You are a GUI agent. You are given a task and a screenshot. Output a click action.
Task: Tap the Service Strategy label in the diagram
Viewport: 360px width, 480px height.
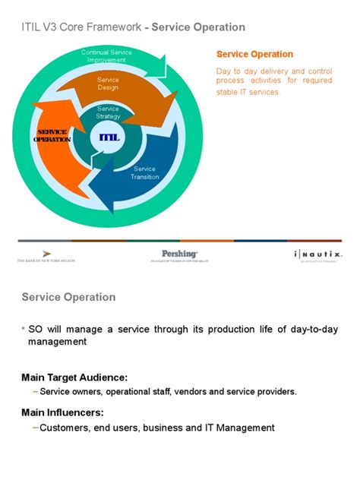click(x=109, y=112)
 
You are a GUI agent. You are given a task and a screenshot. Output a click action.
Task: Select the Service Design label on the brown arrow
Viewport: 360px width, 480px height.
click(x=109, y=83)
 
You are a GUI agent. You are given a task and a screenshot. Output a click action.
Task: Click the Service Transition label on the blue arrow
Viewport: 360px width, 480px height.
click(x=144, y=173)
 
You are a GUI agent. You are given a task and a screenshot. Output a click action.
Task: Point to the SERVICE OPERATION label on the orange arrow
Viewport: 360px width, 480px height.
click(x=52, y=136)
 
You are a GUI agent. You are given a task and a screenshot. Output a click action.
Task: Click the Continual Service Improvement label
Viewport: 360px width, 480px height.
click(x=106, y=55)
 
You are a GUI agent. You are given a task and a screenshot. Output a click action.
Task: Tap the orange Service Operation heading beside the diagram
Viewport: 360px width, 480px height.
click(x=254, y=54)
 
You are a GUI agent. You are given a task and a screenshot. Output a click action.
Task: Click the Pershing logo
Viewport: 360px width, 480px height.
click(x=180, y=254)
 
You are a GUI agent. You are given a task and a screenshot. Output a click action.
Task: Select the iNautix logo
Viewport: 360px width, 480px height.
click(x=317, y=254)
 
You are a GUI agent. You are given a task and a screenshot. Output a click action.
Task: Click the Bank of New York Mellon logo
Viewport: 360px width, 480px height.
click(x=47, y=255)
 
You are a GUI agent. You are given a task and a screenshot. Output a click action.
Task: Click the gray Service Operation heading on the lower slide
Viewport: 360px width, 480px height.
click(x=68, y=297)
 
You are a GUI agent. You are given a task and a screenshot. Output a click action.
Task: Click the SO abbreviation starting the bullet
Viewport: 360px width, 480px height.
click(x=36, y=329)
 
